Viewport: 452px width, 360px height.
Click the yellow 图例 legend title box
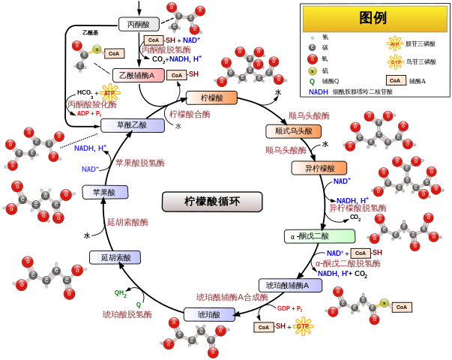pyautogui.click(x=374, y=19)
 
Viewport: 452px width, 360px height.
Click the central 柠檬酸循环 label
pyautogui.click(x=212, y=201)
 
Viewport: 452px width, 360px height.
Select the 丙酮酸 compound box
pyautogui.click(x=139, y=24)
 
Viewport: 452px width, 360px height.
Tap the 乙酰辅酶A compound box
pyautogui.click(x=139, y=75)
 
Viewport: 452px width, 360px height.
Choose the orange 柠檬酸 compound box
pyautogui.click(x=211, y=97)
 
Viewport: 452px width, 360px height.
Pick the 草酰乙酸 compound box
pyautogui.click(x=133, y=125)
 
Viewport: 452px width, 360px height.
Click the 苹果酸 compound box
pyautogui.click(x=105, y=192)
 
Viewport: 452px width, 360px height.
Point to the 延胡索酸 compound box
pyautogui.click(x=115, y=257)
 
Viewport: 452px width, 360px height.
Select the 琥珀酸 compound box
pyautogui.click(x=208, y=314)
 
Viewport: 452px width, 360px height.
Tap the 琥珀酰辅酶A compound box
pyautogui.click(x=290, y=285)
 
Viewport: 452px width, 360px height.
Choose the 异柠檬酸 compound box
pyautogui.click(x=319, y=168)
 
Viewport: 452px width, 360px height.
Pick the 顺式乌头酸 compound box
pyautogui.click(x=293, y=131)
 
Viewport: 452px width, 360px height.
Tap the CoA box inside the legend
pyautogui.click(x=396, y=80)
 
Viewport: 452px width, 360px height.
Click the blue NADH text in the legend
pyautogui.click(x=318, y=92)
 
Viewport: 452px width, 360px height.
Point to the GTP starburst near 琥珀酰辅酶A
pyautogui.click(x=303, y=326)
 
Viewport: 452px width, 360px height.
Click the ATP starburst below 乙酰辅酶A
pyautogui.click(x=110, y=93)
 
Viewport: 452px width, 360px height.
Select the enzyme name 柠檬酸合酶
pyautogui.click(x=190, y=115)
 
